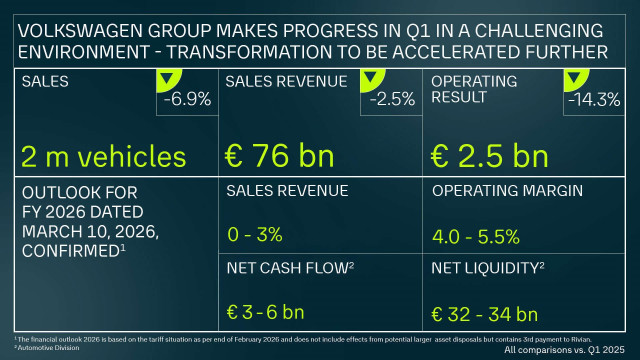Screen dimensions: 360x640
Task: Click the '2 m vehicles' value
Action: click(103, 157)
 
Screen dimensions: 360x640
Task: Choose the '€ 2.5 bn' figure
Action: click(489, 157)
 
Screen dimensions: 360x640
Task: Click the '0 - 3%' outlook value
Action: click(255, 236)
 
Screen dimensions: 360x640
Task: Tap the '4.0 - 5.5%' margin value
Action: click(475, 237)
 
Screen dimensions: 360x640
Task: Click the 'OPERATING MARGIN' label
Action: click(496, 191)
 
